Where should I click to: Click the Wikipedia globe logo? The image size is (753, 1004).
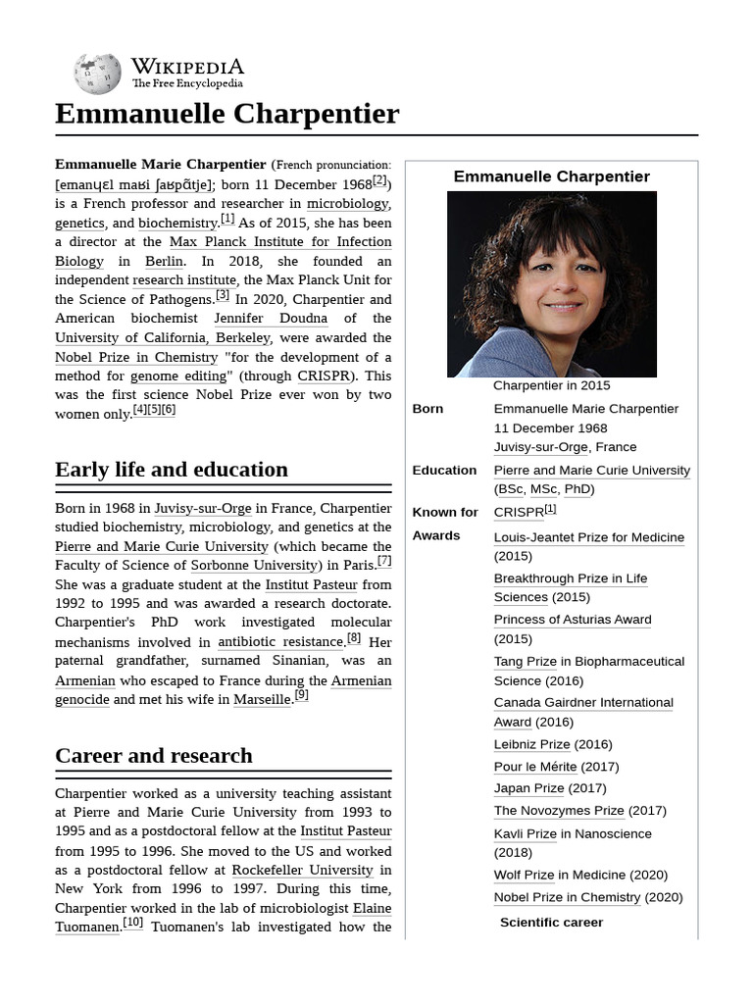(x=97, y=74)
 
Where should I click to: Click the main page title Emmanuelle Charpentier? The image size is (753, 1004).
(x=226, y=114)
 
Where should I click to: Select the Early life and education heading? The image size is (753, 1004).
(x=172, y=469)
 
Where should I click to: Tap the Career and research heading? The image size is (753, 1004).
(x=154, y=755)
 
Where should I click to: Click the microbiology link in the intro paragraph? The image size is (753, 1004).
(x=347, y=204)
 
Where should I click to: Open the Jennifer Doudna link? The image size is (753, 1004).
(x=271, y=319)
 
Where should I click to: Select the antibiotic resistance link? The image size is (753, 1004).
(x=279, y=642)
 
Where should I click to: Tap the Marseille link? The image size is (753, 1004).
(x=262, y=700)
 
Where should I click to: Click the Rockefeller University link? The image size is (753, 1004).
(x=302, y=870)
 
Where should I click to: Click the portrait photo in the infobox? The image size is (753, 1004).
(x=551, y=283)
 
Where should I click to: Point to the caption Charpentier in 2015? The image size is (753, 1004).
(x=551, y=385)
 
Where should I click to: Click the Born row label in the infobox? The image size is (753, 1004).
(x=427, y=409)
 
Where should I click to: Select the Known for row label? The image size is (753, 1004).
(x=445, y=512)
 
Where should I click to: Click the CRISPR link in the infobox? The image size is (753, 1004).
(x=518, y=512)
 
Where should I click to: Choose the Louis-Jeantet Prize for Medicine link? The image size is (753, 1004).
(x=588, y=537)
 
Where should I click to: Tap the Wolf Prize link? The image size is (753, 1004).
(x=524, y=875)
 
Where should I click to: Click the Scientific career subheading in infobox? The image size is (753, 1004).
(x=551, y=922)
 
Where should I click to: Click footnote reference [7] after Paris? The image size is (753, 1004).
(x=384, y=562)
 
